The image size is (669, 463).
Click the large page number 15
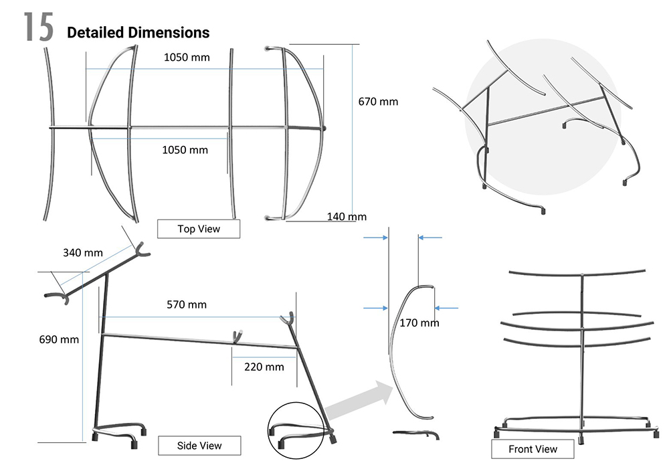38,27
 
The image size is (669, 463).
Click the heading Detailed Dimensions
138,32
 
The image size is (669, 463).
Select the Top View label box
198,229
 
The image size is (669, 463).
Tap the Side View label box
199,445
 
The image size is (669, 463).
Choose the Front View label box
533,449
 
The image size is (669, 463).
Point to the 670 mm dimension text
378,102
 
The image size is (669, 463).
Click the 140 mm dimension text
347,216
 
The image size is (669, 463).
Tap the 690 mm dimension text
59,339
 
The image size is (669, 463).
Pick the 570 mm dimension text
186,304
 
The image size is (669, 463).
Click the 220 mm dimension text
264,366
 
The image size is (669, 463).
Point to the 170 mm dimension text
419,322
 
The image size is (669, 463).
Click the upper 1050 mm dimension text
187,57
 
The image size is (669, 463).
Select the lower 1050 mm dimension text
185,149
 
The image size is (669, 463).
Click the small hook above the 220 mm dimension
236,335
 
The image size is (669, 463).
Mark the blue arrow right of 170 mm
447,308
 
